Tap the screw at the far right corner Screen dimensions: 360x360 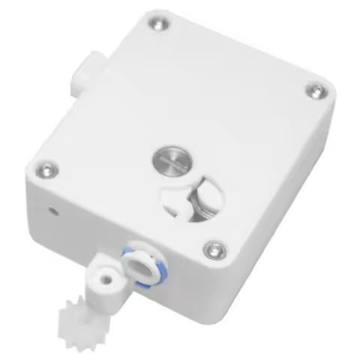pos(317,91)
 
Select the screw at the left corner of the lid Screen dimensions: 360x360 pos(47,170)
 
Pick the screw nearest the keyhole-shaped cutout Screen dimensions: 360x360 pos(215,248)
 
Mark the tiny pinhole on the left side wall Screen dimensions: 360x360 pos(53,209)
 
